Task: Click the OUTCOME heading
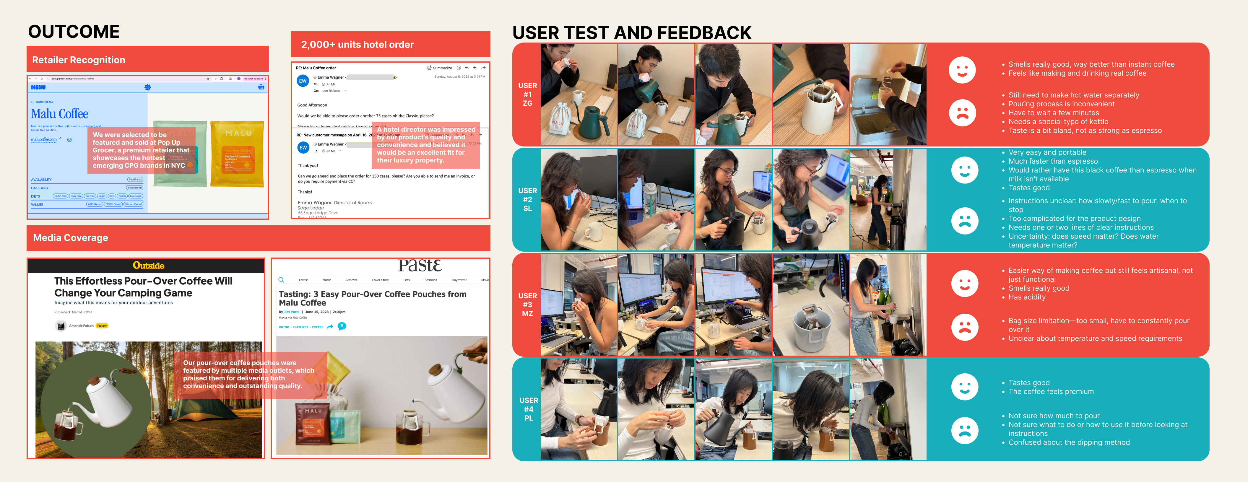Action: (x=74, y=32)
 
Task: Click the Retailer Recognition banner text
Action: (x=79, y=60)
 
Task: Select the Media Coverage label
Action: (x=70, y=238)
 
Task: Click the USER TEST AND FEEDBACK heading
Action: (x=631, y=33)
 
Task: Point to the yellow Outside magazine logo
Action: (x=148, y=266)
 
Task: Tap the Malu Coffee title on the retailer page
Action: (x=60, y=114)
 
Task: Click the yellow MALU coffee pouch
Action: (x=237, y=154)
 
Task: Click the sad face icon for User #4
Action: (x=965, y=430)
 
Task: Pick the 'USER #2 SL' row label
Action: (x=528, y=200)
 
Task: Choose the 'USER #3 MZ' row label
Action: (x=528, y=305)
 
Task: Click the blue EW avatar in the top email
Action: (x=303, y=81)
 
